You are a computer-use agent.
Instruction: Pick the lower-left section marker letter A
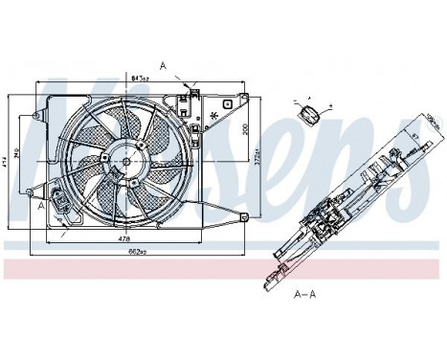41,205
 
